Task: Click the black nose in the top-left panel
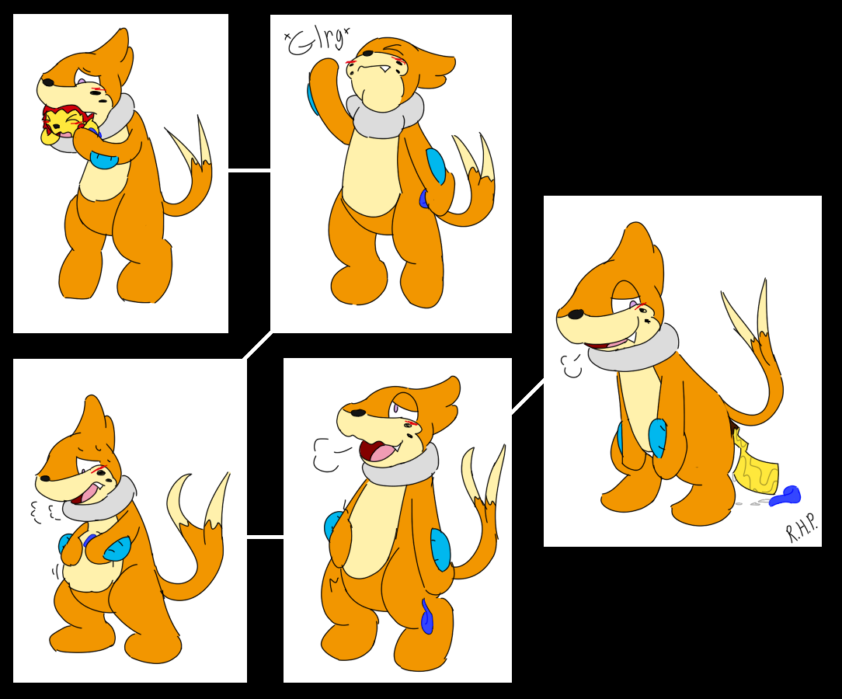click(48, 82)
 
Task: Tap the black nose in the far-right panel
click(576, 314)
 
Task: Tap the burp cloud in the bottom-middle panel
click(325, 454)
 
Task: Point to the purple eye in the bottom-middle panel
click(395, 408)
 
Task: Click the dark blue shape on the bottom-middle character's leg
click(427, 617)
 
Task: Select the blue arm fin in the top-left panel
click(104, 159)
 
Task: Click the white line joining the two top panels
click(249, 172)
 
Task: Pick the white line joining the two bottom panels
click(266, 535)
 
